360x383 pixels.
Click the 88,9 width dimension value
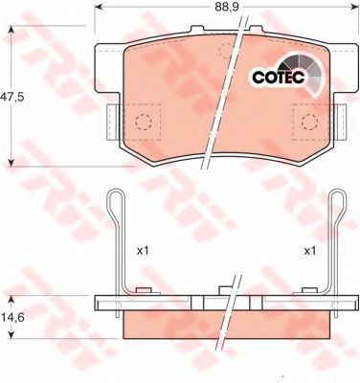(227, 7)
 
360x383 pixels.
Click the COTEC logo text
(279, 77)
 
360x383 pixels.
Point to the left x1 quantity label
(143, 251)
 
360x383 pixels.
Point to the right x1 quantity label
(309, 251)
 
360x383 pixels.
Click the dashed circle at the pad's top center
(226, 51)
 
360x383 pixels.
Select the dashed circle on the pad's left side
(144, 122)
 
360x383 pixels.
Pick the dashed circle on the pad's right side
(310, 122)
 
